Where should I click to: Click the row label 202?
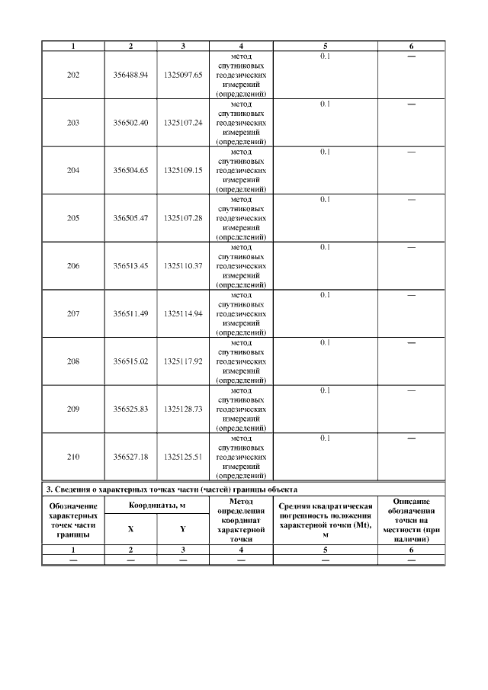[x=73, y=75]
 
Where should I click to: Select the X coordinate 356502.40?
[x=130, y=123]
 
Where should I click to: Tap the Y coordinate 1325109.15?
[x=182, y=170]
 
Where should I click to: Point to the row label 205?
[x=73, y=218]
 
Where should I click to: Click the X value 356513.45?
[x=130, y=265]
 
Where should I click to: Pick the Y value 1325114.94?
[x=182, y=313]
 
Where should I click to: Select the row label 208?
[x=73, y=361]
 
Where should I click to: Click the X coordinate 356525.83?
[x=130, y=409]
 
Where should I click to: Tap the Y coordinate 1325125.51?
[x=182, y=456]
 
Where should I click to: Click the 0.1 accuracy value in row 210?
[x=325, y=438]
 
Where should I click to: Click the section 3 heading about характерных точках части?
[x=172, y=489]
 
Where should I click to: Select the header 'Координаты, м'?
[x=157, y=505]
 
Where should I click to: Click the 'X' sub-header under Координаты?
[x=130, y=529]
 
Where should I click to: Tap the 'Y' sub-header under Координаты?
[x=182, y=529]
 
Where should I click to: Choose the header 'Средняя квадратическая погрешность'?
[x=325, y=519]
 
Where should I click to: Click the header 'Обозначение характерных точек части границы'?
[x=73, y=520]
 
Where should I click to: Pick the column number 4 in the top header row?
[x=241, y=47]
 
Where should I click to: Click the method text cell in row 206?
[x=241, y=265]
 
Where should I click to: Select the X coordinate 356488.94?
[x=130, y=75]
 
